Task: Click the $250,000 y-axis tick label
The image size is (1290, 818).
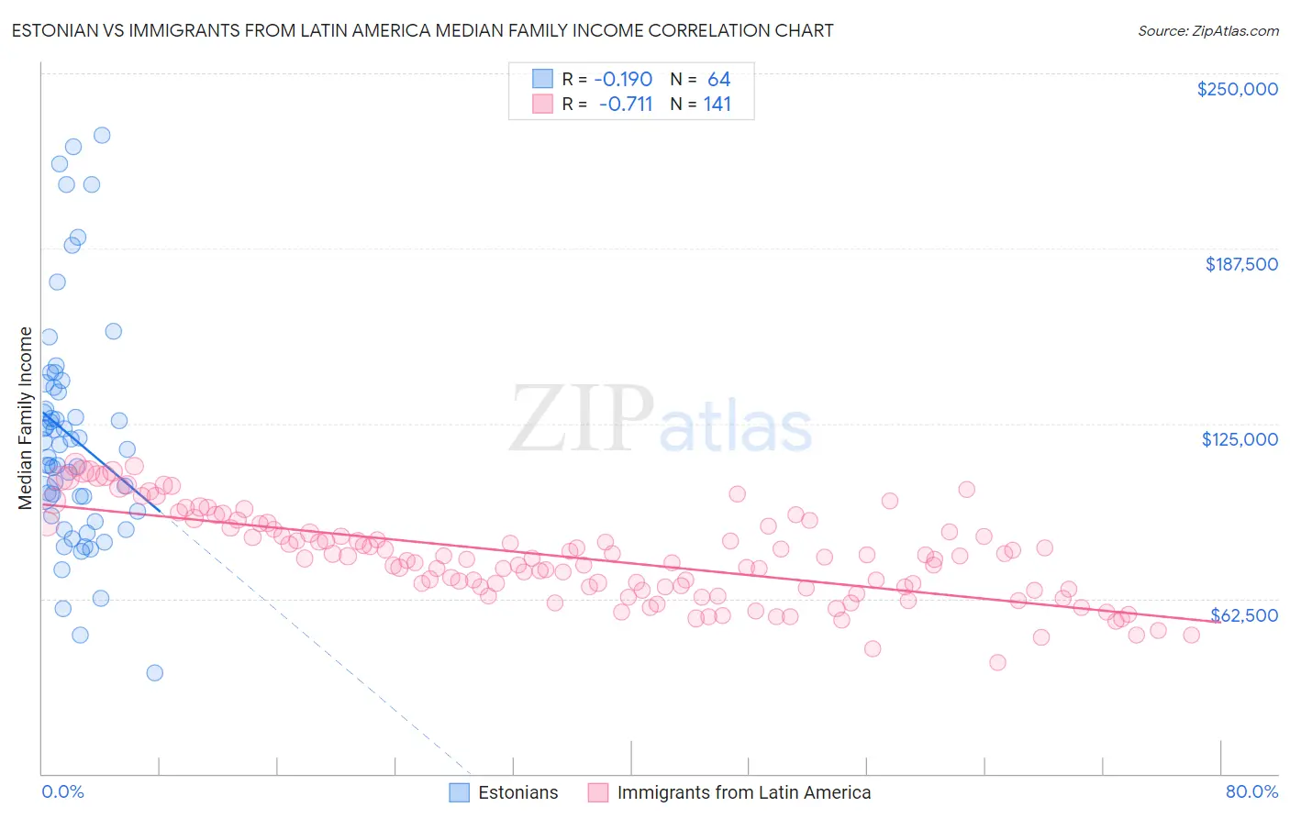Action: pos(1237,89)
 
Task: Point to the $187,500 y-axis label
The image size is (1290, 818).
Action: pos(1240,264)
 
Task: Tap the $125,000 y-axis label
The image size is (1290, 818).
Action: pos(1240,439)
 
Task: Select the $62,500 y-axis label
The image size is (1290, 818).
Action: pos(1244,614)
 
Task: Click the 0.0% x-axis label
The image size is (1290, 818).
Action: pos(62,791)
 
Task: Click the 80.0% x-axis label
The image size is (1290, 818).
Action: pos(1251,791)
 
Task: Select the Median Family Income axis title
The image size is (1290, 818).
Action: pos(26,418)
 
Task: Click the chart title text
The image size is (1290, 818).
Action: pos(422,30)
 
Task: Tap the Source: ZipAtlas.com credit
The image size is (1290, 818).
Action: pos(1207,30)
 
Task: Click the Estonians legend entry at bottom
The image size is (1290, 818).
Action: pos(517,792)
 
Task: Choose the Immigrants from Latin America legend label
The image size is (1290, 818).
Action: pos(743,792)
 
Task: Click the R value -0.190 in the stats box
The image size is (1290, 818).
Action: pos(623,79)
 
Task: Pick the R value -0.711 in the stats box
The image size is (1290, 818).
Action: pos(625,104)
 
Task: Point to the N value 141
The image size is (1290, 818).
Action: pos(717,104)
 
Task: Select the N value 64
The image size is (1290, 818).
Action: pos(718,79)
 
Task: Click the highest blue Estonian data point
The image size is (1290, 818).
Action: pos(102,135)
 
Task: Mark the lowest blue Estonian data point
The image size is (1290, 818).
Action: pos(154,673)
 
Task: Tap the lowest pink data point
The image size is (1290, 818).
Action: pos(997,662)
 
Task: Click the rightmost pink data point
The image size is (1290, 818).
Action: pos(1191,635)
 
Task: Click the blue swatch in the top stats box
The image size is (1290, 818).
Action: pos(542,79)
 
